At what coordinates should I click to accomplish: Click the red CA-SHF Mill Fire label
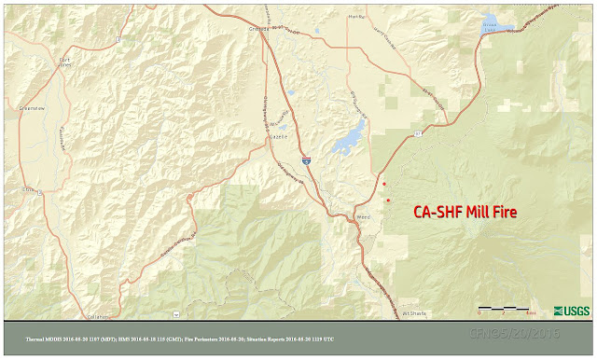[465, 212]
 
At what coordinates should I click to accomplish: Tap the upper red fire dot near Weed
[384, 185]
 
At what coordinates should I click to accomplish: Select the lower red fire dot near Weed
[388, 201]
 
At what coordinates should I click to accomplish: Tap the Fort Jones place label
[64, 64]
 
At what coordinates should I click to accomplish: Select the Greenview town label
[32, 108]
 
